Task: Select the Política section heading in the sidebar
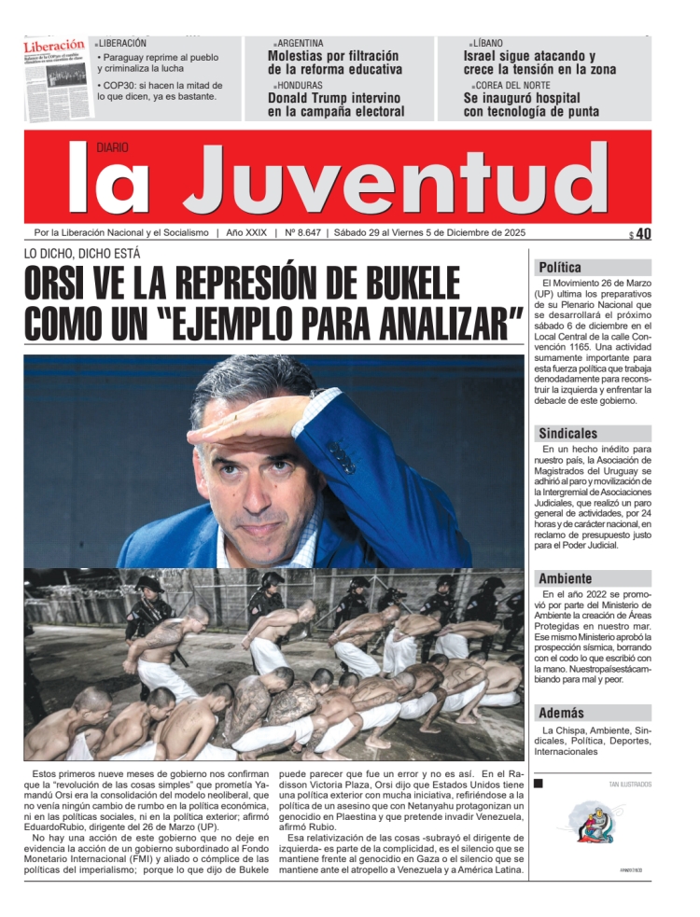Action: click(x=560, y=267)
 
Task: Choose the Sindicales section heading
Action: click(x=567, y=434)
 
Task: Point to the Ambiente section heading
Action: click(x=565, y=578)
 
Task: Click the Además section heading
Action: click(x=561, y=713)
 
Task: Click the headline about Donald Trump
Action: click(x=336, y=104)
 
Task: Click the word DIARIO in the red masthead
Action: click(x=112, y=147)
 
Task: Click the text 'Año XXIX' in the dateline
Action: click(x=246, y=233)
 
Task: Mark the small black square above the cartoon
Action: click(x=540, y=785)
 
